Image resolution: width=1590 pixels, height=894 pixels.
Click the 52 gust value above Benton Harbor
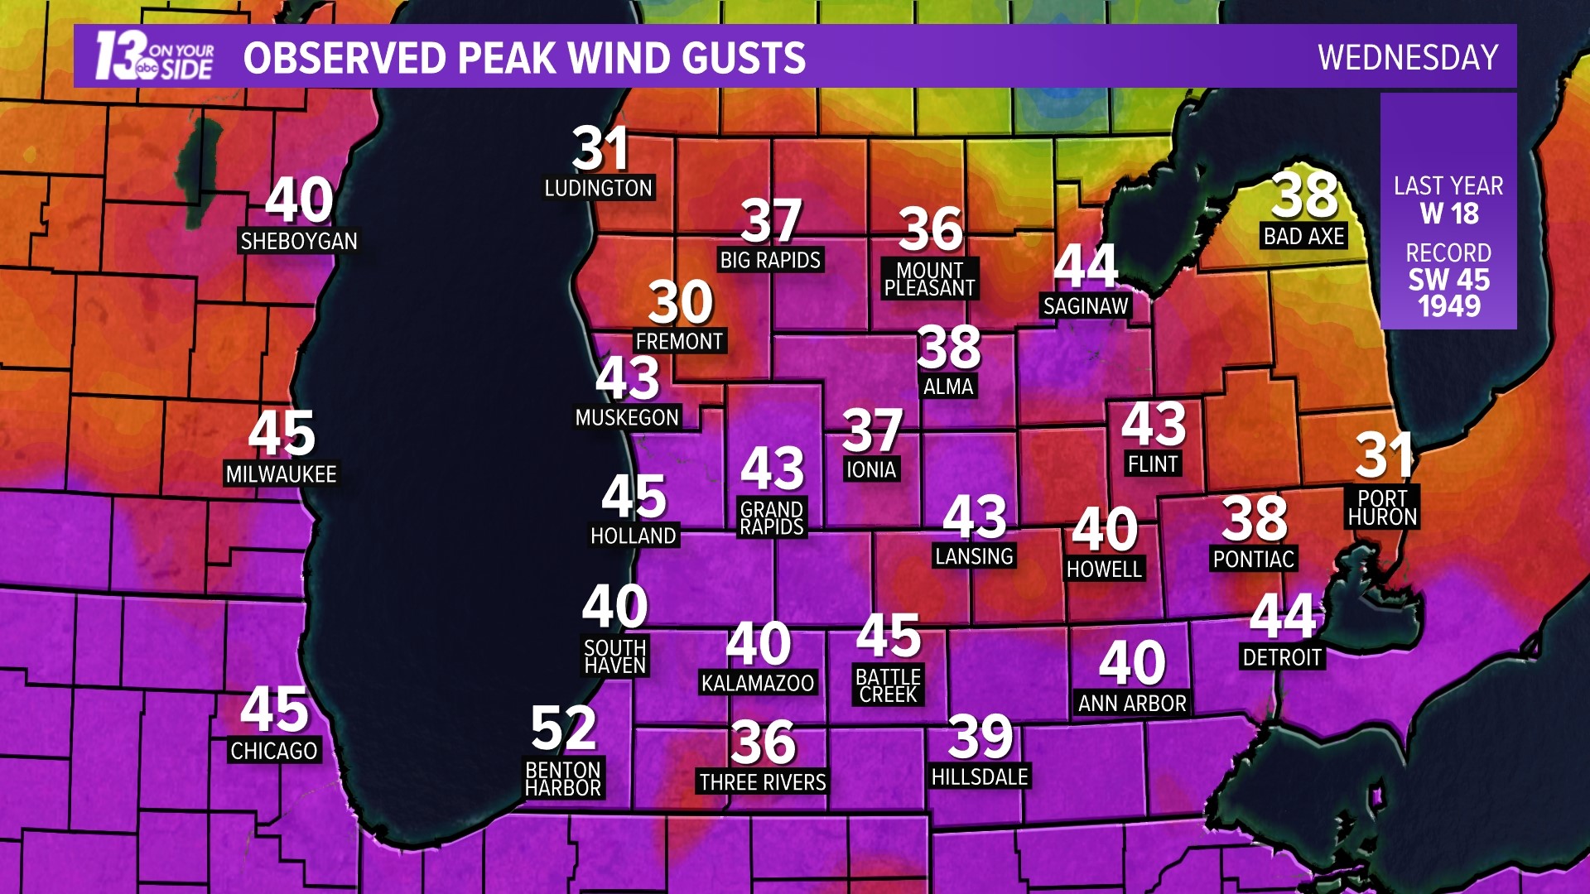pos(563,728)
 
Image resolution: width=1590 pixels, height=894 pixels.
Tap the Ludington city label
pos(598,188)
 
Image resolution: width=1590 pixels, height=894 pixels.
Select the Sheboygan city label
pos(299,241)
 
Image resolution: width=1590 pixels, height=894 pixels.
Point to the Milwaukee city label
pos(281,474)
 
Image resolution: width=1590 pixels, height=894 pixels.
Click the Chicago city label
pos(274,751)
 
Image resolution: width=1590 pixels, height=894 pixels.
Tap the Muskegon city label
pos(627,417)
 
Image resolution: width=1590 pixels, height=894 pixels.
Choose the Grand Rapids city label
pos(772,518)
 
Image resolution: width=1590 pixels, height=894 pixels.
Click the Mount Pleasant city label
pos(929,279)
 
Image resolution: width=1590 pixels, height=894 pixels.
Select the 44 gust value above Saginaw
pos(1086,267)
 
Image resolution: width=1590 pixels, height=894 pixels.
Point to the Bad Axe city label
pos(1303,236)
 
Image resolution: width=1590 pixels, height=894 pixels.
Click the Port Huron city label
pos(1382,507)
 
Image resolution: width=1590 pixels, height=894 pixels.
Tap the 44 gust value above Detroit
pos(1283,616)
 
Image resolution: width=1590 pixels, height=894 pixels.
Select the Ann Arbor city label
pos(1132,704)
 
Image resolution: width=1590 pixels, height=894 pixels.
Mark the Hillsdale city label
pos(980,776)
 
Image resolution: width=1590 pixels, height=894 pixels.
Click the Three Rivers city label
pos(763,782)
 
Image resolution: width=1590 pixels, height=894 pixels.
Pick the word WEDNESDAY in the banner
pos(1408,57)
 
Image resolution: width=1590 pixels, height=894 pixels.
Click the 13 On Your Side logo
pos(154,56)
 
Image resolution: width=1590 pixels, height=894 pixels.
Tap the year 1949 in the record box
pos(1448,306)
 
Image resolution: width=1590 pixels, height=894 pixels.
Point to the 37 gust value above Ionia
pos(872,430)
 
